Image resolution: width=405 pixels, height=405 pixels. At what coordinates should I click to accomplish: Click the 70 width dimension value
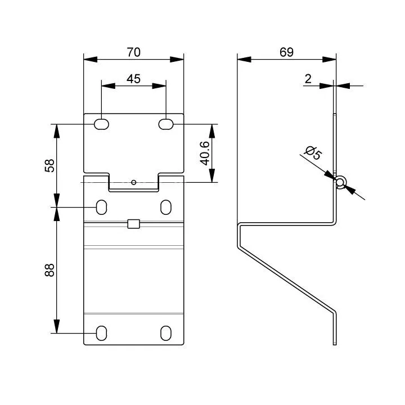click(x=133, y=52)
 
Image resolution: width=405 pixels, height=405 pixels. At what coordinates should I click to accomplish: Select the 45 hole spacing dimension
click(x=133, y=79)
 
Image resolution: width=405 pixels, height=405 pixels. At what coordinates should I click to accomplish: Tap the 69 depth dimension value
click(x=286, y=52)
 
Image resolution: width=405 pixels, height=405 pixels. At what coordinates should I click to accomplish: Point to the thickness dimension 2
click(x=308, y=79)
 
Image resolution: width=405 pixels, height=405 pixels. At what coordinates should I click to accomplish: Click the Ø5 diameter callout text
click(x=313, y=153)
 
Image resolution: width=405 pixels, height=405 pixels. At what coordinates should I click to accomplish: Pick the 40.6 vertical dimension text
click(x=205, y=153)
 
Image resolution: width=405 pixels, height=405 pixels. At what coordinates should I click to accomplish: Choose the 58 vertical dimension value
click(x=49, y=165)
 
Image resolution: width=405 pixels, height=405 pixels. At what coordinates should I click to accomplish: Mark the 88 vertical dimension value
click(x=49, y=270)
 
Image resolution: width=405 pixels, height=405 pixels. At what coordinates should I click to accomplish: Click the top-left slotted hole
click(x=101, y=124)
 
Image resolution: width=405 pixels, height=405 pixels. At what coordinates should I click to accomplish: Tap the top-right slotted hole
click(x=166, y=124)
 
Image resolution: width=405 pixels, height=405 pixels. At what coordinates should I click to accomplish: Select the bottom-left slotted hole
click(x=101, y=333)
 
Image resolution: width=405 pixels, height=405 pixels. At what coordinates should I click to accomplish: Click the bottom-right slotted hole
click(x=166, y=333)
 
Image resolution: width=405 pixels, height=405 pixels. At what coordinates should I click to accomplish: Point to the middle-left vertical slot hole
click(x=101, y=207)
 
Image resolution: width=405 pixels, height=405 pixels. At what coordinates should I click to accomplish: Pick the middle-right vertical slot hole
click(x=166, y=207)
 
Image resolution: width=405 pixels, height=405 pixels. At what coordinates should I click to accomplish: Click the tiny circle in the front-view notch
click(x=133, y=182)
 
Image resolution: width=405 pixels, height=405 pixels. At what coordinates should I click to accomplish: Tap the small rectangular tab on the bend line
click(x=133, y=224)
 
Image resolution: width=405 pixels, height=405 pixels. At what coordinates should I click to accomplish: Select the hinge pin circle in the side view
click(x=340, y=182)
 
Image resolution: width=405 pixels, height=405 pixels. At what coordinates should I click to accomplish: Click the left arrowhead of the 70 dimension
click(x=91, y=60)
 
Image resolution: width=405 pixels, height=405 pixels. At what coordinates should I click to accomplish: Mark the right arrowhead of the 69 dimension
click(x=329, y=60)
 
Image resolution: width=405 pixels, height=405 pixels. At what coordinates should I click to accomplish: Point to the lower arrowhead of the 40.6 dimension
click(x=212, y=175)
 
